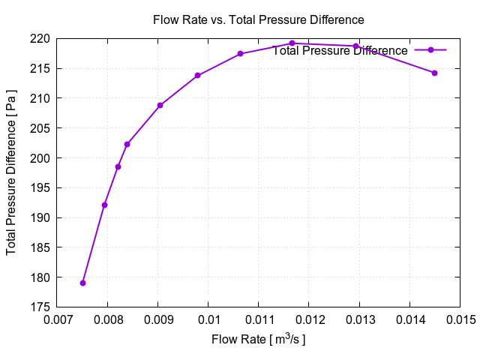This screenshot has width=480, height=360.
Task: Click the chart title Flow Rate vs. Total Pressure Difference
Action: (x=258, y=19)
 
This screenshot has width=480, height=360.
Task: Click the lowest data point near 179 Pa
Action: (x=82, y=283)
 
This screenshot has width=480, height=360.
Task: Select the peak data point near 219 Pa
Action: (x=292, y=43)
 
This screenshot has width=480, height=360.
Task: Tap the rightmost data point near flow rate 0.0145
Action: (x=434, y=73)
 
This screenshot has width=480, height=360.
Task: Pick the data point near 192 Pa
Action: (x=104, y=205)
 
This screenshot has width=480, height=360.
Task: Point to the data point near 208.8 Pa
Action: (x=160, y=105)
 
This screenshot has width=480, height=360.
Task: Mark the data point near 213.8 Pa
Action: (x=197, y=75)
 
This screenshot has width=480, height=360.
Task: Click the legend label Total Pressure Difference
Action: (x=340, y=50)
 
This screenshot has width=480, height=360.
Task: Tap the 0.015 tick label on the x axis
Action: (x=460, y=321)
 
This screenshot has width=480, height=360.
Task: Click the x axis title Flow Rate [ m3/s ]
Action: (x=258, y=340)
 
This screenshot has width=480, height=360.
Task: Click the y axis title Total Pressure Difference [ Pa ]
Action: (x=12, y=172)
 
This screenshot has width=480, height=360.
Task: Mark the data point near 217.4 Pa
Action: (x=240, y=54)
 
